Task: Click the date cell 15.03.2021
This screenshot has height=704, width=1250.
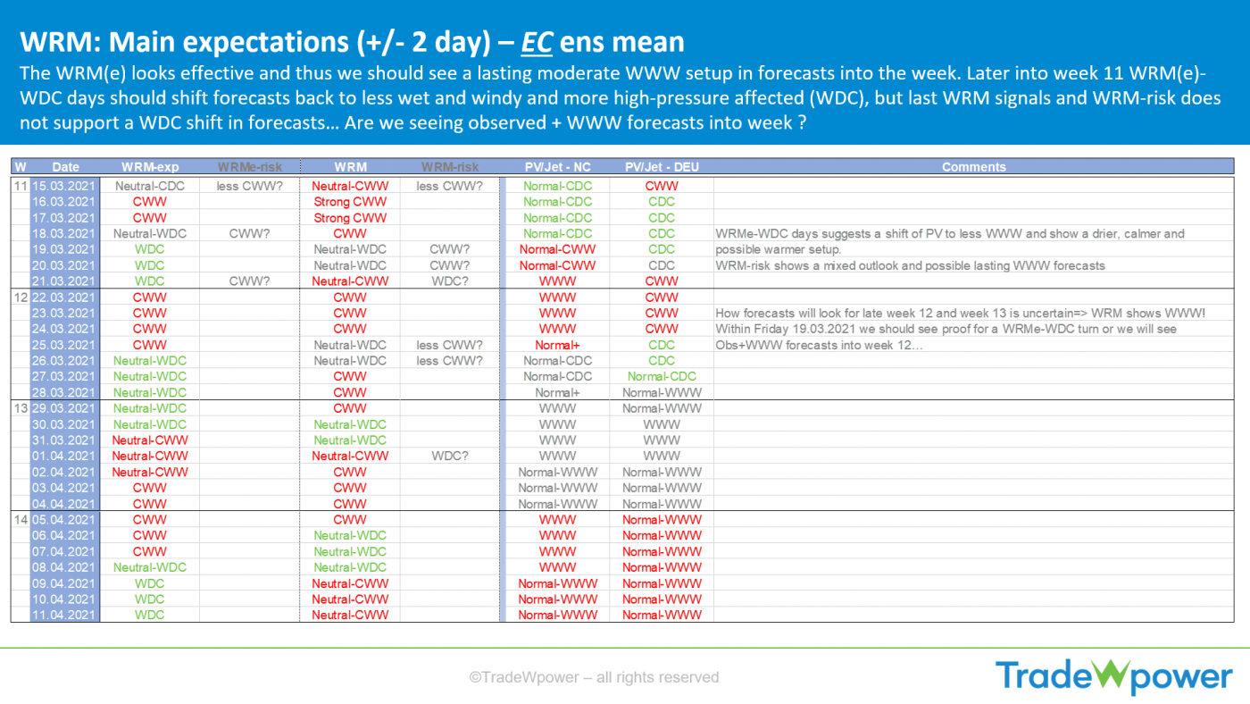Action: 63,186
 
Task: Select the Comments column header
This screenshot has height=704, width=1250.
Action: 974,167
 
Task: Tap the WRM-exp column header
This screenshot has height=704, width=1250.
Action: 150,167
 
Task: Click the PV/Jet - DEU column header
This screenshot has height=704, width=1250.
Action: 662,167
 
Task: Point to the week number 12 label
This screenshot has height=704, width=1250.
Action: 21,297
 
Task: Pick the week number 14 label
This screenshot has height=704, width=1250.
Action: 21,520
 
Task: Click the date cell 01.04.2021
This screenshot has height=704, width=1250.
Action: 63,457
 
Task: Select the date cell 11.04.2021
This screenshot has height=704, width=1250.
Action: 63,616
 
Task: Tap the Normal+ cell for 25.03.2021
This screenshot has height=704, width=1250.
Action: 557,345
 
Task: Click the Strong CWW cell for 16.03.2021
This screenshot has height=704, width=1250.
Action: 350,202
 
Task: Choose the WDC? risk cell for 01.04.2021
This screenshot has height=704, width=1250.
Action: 450,457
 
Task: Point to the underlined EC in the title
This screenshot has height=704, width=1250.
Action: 537,42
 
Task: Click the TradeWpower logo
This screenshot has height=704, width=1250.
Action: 1114,676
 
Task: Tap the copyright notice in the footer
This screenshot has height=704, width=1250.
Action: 594,677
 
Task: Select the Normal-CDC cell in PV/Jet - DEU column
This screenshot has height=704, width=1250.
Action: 662,377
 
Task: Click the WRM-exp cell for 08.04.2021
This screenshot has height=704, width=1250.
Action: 150,568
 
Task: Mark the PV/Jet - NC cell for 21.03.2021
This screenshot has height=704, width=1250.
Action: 557,281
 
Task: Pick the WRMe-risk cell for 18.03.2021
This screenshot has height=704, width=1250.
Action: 249,234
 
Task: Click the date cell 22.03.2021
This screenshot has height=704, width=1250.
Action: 63,297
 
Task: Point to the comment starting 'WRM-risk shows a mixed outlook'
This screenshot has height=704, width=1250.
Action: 910,265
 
